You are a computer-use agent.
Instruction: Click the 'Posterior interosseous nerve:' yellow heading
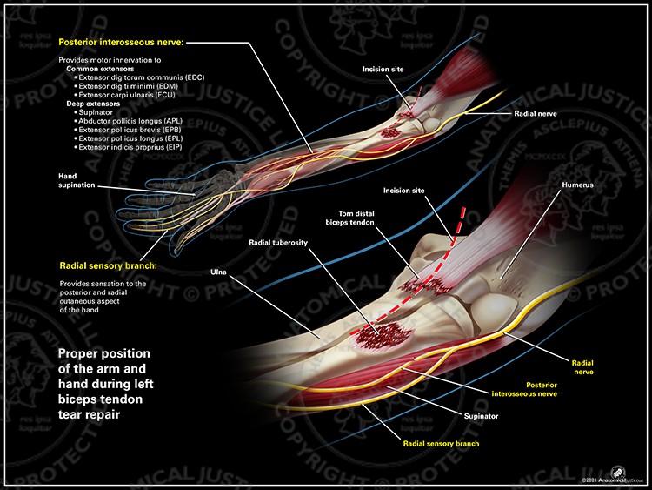(121, 42)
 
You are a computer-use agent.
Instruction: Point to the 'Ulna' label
(218, 272)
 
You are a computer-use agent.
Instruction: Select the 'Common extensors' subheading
(96, 69)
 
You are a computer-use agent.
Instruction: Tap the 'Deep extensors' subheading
(90, 104)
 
